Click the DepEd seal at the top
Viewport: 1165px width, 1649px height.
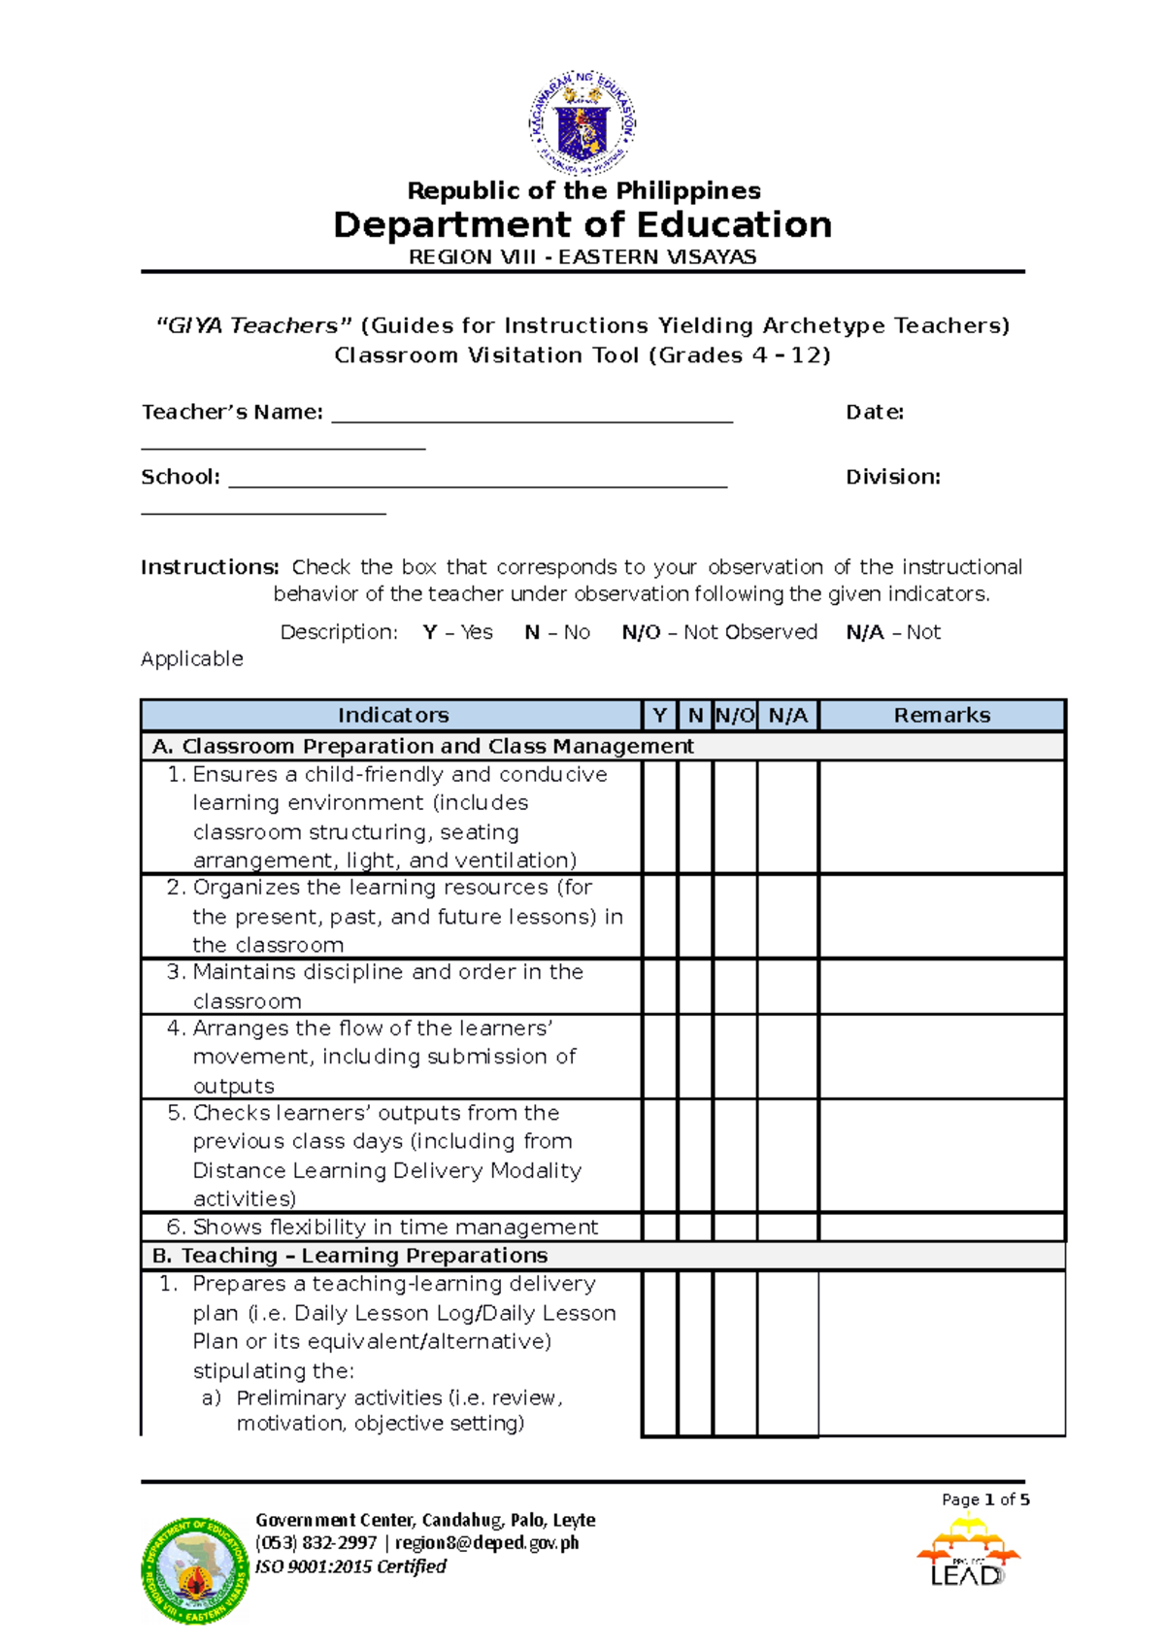582,123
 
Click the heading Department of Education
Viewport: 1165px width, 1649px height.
582,225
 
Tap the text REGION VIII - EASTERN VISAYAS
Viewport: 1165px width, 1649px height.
582,257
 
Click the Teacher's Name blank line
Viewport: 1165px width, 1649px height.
532,418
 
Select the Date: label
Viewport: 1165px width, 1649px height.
875,413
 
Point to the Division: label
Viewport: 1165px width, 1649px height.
892,477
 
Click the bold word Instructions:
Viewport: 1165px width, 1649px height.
210,567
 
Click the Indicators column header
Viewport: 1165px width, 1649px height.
392,716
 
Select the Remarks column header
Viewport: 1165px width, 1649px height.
942,716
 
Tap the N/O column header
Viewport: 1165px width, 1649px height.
735,716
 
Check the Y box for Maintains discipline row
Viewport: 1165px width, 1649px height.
659,987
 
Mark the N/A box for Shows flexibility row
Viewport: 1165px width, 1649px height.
787,1227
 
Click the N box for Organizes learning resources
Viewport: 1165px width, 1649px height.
695,916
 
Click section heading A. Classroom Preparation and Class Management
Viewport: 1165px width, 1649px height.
422,746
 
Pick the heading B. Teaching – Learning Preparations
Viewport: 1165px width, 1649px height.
350,1256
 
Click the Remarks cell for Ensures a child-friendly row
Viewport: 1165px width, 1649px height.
942,817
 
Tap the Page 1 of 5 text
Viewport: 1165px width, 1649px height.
984,1499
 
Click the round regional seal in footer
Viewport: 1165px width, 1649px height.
196,1569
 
